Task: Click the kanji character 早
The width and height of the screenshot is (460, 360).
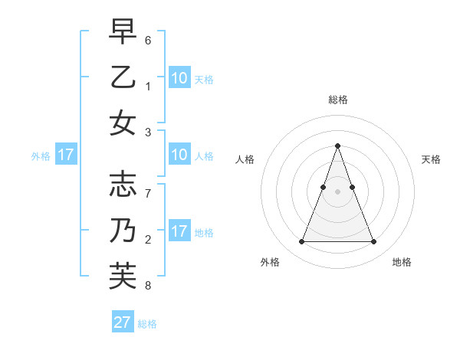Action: pyautogui.click(x=123, y=31)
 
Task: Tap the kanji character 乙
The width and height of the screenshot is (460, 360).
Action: pyautogui.click(x=123, y=78)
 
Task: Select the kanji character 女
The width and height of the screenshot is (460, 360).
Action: pyautogui.click(x=123, y=124)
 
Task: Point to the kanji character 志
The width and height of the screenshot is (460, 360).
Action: pyautogui.click(x=123, y=185)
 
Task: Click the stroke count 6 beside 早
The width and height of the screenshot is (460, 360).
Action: pyautogui.click(x=148, y=40)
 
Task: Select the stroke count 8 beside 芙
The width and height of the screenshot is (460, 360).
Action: pyautogui.click(x=148, y=286)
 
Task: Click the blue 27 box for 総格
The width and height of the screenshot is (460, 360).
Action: pyautogui.click(x=123, y=322)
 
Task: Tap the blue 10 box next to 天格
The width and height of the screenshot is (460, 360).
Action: pyautogui.click(x=179, y=77)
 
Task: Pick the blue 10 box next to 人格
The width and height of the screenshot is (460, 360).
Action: pyautogui.click(x=179, y=155)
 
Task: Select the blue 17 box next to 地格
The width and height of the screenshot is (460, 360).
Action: pyautogui.click(x=179, y=231)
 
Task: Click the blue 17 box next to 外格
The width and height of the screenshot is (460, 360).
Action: pyautogui.click(x=66, y=155)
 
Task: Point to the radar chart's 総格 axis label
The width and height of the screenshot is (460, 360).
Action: pyautogui.click(x=337, y=100)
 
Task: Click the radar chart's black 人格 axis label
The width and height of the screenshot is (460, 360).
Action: pyautogui.click(x=245, y=159)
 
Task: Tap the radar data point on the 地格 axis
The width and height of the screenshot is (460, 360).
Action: pyautogui.click(x=373, y=242)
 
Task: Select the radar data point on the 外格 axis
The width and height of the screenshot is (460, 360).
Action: pyautogui.click(x=301, y=242)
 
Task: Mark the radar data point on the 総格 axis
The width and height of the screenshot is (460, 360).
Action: pyautogui.click(x=337, y=146)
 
